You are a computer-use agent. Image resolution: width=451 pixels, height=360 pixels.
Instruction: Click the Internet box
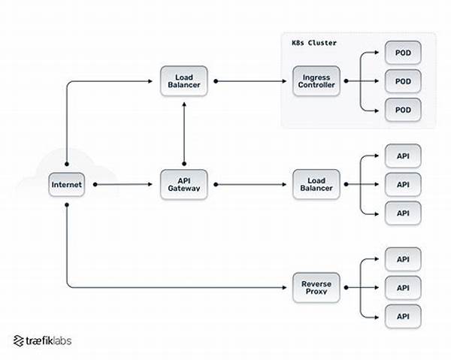click(66, 185)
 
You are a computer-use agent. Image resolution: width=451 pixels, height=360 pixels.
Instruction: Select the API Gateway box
click(184, 184)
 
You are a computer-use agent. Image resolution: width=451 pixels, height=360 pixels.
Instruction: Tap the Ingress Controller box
click(316, 81)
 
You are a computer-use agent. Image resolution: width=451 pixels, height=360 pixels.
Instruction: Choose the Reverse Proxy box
click(316, 288)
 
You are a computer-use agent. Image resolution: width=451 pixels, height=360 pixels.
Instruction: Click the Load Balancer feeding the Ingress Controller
click(184, 81)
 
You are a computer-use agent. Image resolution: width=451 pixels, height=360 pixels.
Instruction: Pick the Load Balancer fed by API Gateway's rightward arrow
click(316, 184)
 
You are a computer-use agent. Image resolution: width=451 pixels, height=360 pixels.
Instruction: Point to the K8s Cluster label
click(314, 43)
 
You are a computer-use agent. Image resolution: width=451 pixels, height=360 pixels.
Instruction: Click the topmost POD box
click(403, 53)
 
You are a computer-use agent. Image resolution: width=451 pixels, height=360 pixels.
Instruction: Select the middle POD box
click(403, 81)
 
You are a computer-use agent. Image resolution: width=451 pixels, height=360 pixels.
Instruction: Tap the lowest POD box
click(403, 110)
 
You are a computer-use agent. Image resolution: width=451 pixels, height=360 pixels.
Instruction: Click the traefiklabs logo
click(42, 340)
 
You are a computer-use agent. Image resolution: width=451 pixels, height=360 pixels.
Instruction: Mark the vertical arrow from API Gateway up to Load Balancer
click(184, 133)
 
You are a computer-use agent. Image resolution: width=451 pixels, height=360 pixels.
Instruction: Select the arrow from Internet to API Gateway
click(123, 184)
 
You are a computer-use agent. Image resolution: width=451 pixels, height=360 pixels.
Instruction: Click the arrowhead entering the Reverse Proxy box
click(284, 288)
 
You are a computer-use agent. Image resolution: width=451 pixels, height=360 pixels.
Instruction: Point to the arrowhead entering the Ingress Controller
click(284, 81)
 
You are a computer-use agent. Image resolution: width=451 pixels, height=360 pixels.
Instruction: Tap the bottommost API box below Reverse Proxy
click(403, 316)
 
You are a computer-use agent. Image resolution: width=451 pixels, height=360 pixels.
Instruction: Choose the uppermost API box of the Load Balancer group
click(403, 156)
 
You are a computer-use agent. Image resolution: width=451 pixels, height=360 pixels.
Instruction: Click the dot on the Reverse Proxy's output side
click(347, 288)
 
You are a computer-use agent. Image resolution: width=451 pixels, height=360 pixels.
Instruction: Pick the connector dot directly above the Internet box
click(67, 164)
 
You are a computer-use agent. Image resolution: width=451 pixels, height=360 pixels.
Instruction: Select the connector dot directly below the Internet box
click(67, 204)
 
